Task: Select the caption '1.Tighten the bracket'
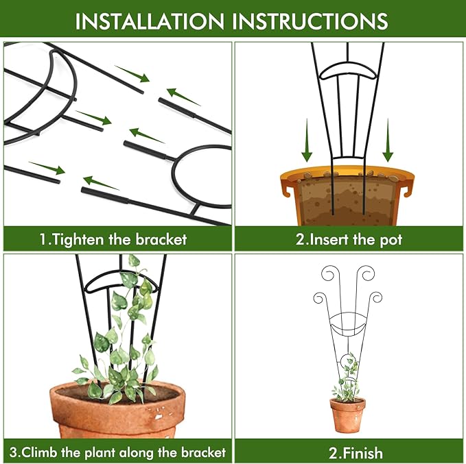tap(113, 239)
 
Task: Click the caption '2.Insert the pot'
tap(349, 239)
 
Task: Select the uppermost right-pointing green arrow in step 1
tap(131, 73)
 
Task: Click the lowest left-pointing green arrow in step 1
tap(102, 183)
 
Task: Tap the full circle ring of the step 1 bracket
tap(202, 175)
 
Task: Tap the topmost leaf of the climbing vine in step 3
tap(135, 261)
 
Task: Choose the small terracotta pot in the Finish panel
tap(347, 414)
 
